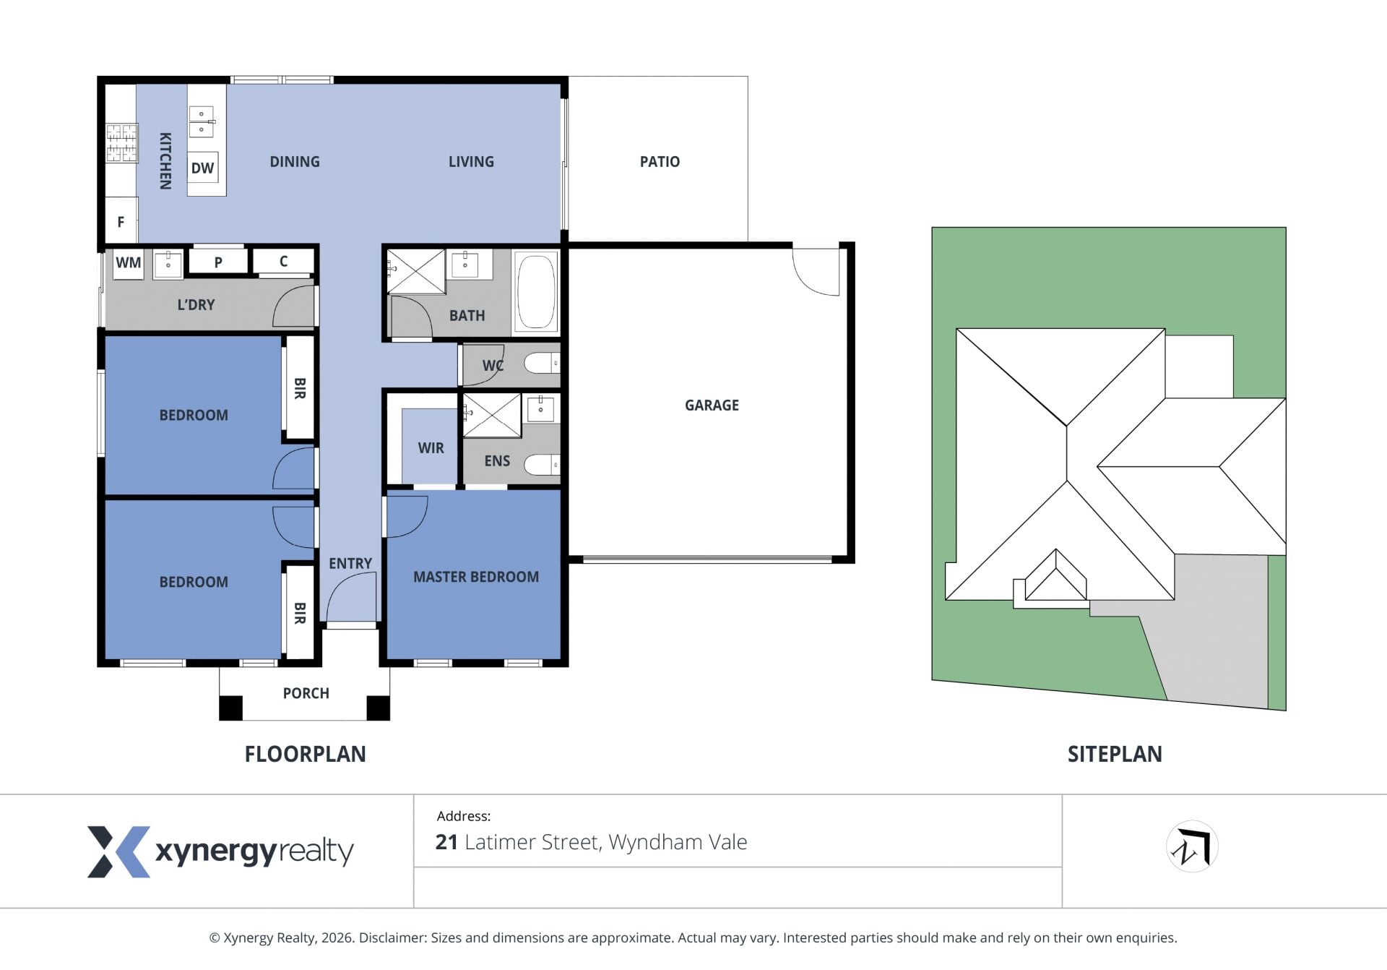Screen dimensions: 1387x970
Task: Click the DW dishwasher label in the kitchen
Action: pyautogui.click(x=202, y=168)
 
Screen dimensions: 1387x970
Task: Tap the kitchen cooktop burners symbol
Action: pyautogui.click(x=122, y=143)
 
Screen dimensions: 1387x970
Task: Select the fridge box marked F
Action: pyautogui.click(x=121, y=222)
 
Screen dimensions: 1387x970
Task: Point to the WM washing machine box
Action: pyautogui.click(x=129, y=262)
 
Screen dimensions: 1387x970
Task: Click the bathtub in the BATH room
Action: pyautogui.click(x=536, y=291)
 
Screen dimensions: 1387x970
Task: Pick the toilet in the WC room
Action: pyautogui.click(x=543, y=363)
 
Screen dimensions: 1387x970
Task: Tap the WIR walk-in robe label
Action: pyautogui.click(x=431, y=448)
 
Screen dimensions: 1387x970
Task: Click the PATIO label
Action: pyautogui.click(x=660, y=162)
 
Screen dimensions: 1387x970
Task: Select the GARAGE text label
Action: pyautogui.click(x=712, y=405)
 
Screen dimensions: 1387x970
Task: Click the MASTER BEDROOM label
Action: pyautogui.click(x=476, y=577)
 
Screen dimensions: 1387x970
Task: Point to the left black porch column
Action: pyautogui.click(x=231, y=708)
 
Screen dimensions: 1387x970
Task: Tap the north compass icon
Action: pyautogui.click(x=1192, y=846)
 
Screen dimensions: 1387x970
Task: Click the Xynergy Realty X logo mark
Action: pyautogui.click(x=118, y=852)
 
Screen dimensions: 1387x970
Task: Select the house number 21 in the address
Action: pyautogui.click(x=446, y=842)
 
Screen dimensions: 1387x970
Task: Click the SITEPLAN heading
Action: pyautogui.click(x=1115, y=755)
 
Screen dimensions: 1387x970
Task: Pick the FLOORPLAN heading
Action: pyautogui.click(x=305, y=755)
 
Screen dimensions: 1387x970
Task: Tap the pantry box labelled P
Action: pyautogui.click(x=218, y=262)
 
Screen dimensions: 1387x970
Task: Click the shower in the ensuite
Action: pyautogui.click(x=492, y=416)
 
